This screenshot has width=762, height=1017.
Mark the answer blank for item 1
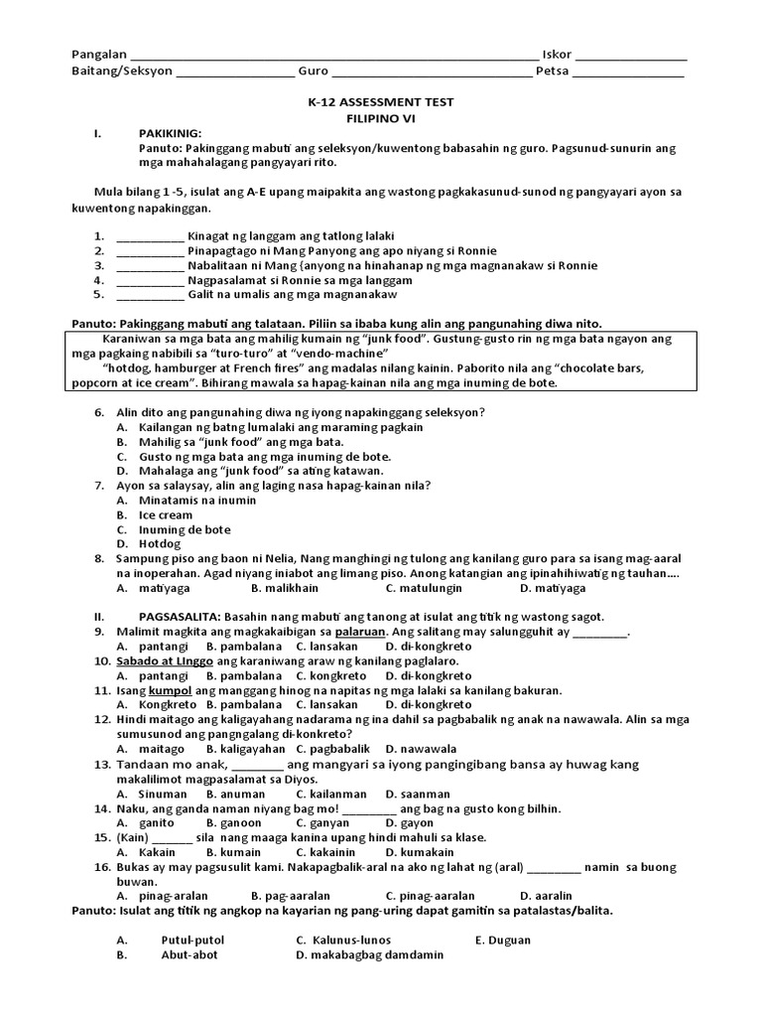[x=150, y=236]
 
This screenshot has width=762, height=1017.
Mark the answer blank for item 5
[x=150, y=295]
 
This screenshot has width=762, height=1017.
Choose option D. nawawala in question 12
[x=421, y=748]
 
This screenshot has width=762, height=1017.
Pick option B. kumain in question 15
[x=229, y=852]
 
